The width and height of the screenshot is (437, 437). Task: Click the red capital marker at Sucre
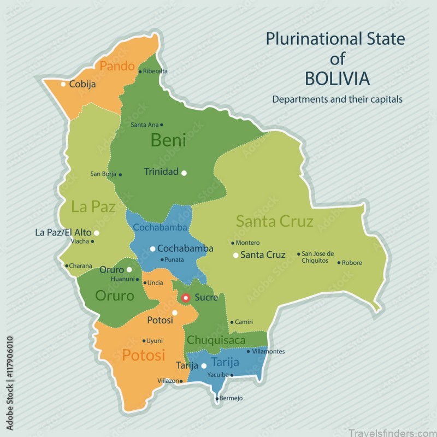(186, 298)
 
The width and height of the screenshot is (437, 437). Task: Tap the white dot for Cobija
(63, 84)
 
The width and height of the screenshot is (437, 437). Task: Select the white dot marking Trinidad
(184, 173)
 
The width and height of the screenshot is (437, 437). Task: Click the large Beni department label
(168, 140)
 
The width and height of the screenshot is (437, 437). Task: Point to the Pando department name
(116, 66)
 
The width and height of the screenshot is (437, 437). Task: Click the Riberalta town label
(156, 71)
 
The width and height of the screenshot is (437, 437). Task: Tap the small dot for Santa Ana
(161, 125)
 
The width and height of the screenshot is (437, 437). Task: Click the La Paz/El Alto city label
(63, 233)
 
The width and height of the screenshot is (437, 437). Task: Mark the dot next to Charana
(67, 266)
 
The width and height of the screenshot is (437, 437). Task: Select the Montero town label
(248, 243)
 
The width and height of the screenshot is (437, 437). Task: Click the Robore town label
(352, 263)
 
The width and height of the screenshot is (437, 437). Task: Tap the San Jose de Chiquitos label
(322, 257)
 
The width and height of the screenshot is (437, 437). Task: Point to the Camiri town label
(244, 322)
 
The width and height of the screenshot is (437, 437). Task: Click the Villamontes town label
(269, 352)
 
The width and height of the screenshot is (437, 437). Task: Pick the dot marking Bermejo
(217, 398)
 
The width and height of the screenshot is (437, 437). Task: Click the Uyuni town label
(155, 341)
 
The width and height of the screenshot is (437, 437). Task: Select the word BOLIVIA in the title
(336, 79)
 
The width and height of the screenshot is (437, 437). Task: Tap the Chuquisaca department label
(216, 340)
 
